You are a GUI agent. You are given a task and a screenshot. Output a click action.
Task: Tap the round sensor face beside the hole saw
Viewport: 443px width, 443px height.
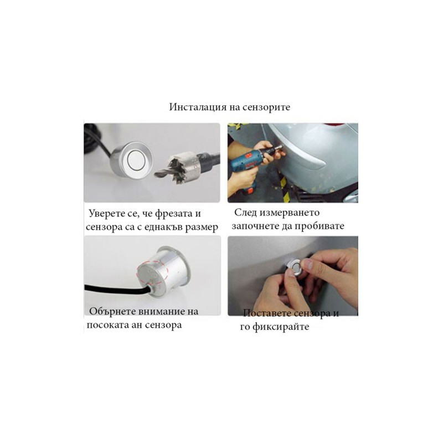click(x=136, y=160)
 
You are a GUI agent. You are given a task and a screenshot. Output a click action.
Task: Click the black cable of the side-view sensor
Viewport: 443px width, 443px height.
click(x=116, y=290)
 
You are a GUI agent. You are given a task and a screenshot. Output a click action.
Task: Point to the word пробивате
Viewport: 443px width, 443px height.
click(x=320, y=226)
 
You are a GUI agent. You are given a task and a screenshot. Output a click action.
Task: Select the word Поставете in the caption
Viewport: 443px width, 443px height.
click(x=267, y=313)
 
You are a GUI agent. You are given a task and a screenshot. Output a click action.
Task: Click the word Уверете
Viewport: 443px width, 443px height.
click(x=106, y=214)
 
